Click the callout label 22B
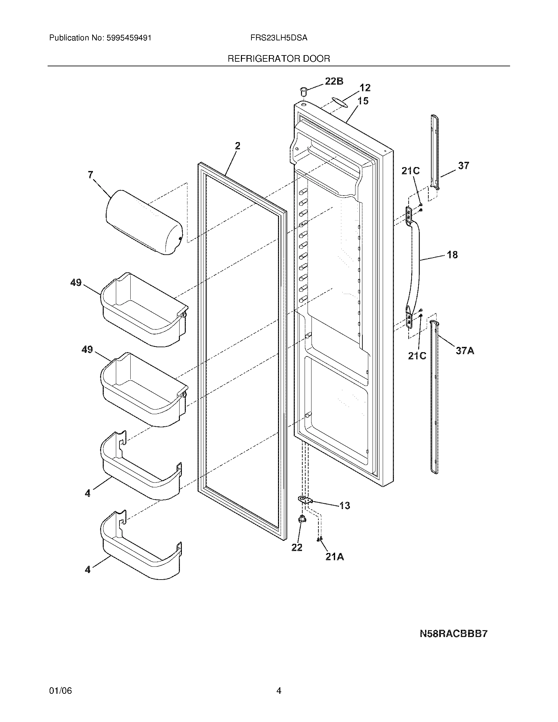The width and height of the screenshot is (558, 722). pyautogui.click(x=334, y=81)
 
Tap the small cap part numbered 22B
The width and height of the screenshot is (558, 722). pyautogui.click(x=303, y=90)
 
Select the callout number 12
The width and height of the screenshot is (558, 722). pyautogui.click(x=365, y=88)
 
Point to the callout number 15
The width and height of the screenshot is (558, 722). pyautogui.click(x=363, y=101)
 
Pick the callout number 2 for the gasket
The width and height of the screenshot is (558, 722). pyautogui.click(x=238, y=146)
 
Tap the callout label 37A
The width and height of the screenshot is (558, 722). pyautogui.click(x=465, y=351)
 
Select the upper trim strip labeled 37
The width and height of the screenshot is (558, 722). pyautogui.click(x=435, y=152)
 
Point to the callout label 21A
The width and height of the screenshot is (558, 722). pyautogui.click(x=334, y=557)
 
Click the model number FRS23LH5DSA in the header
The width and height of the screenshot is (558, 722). pyautogui.click(x=279, y=38)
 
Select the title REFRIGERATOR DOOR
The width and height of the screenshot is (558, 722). pyautogui.click(x=279, y=59)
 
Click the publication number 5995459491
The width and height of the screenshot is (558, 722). pyautogui.click(x=129, y=38)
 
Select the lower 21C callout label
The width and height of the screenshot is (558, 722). pyautogui.click(x=417, y=355)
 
